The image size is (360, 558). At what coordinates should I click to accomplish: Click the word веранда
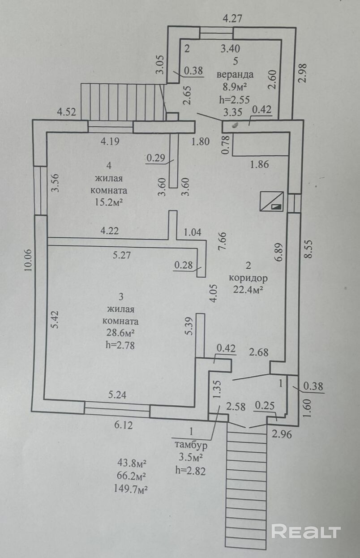point(235,74)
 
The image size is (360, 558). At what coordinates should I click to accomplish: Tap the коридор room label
point(248,278)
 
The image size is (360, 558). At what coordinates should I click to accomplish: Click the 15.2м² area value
point(109,202)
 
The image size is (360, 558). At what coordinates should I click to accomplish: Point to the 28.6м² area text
point(120,333)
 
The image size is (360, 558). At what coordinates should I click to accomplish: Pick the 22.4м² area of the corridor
point(248,289)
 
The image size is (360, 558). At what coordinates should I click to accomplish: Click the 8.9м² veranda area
point(235,87)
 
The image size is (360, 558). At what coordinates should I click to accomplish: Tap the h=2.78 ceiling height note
point(120,345)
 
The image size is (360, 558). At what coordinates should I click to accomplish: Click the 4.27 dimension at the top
point(232,19)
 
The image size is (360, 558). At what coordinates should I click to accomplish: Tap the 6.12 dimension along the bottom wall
point(123,425)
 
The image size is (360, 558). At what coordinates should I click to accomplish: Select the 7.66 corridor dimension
point(222,241)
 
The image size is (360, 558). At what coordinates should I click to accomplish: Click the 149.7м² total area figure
point(131,489)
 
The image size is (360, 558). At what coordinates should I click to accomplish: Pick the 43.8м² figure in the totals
point(132,464)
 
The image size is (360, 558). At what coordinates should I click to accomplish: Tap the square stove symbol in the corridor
point(272,201)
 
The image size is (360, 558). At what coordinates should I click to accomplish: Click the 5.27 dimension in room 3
point(122,255)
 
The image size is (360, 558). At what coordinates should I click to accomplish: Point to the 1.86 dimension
point(259,164)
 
